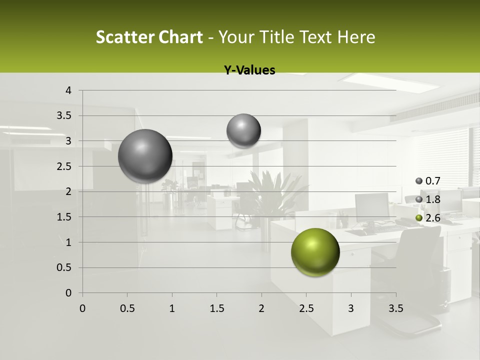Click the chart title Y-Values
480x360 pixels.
coord(249,70)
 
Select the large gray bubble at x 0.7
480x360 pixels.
coord(145,156)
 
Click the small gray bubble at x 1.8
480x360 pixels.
coord(243,130)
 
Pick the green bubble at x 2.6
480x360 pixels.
coord(315,252)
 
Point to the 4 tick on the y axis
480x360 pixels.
coord(68,90)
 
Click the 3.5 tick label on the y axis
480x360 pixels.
coord(64,115)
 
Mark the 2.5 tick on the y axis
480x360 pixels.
coord(64,166)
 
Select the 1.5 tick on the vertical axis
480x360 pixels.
coord(64,217)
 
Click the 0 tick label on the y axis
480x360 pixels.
coord(68,293)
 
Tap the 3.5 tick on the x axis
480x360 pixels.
coord(395,308)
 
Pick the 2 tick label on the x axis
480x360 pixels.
coord(261,308)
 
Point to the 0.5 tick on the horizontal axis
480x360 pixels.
coord(127,308)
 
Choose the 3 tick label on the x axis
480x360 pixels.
coord(351,308)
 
